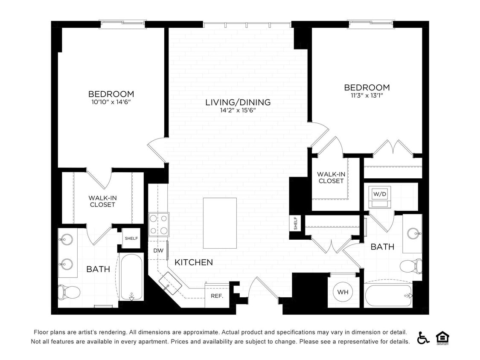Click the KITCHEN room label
pyautogui.click(x=193, y=262)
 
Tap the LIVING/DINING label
pyautogui.click(x=238, y=102)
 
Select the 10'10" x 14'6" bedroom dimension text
pyautogui.click(x=111, y=102)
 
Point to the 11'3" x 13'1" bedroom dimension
pyautogui.click(x=367, y=96)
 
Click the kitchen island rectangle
pyautogui.click(x=220, y=223)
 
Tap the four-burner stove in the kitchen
pyautogui.click(x=158, y=224)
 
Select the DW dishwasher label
pyautogui.click(x=158, y=251)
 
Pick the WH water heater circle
pyautogui.click(x=343, y=292)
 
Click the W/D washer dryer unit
pyautogui.click(x=380, y=195)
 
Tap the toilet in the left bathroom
pyautogui.click(x=69, y=292)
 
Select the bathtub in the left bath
pyautogui.click(x=131, y=277)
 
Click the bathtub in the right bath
pyautogui.click(x=388, y=295)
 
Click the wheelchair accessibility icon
pyautogui.click(x=423, y=337)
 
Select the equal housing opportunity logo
pyautogui.click(x=442, y=337)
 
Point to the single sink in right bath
pyautogui.click(x=413, y=233)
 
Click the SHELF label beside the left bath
pyautogui.click(x=131, y=238)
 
